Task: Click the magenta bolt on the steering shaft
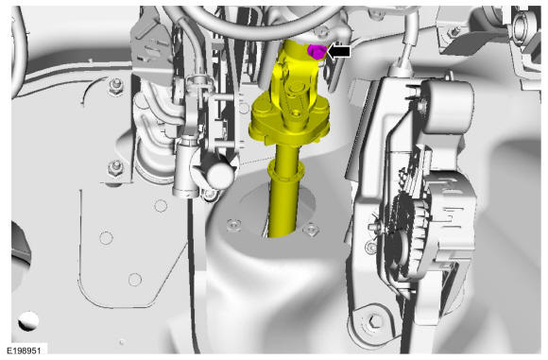[316, 52]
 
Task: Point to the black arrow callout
[337, 52]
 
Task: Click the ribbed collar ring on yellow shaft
[286, 170]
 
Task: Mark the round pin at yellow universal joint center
[296, 86]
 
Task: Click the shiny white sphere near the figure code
[28, 321]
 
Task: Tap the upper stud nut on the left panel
[115, 86]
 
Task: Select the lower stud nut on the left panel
[115, 168]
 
